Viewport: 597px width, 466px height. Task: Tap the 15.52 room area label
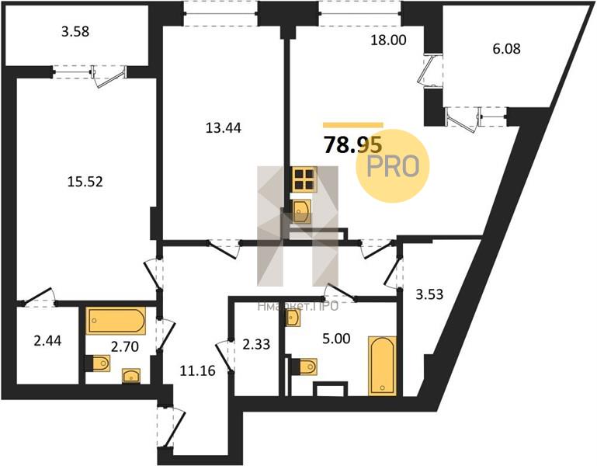[85, 183]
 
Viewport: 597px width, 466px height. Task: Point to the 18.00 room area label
[389, 40]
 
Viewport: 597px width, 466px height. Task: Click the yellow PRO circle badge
[392, 165]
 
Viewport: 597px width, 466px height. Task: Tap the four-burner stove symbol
[304, 180]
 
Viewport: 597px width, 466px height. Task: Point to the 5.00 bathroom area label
[325, 339]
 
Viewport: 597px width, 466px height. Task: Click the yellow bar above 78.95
[352, 124]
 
